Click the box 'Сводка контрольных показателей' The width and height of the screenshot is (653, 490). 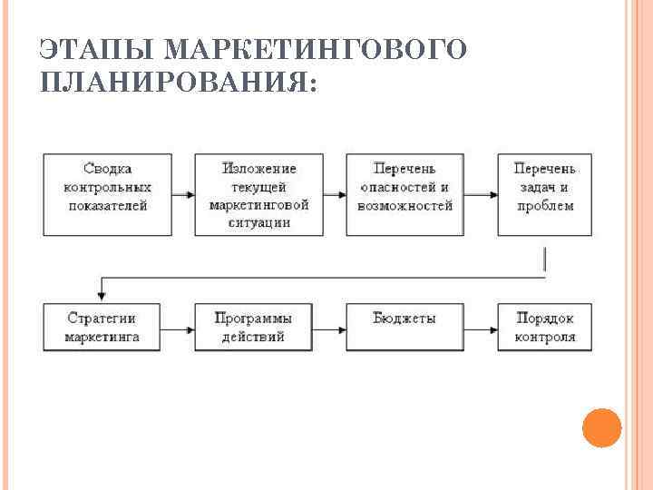coord(107,194)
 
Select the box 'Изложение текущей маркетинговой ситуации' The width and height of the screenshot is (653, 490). coord(258,194)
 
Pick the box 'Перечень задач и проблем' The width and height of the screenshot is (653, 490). coord(544,194)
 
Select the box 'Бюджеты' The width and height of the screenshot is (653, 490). coord(404,328)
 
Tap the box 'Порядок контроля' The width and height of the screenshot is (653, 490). coord(544,328)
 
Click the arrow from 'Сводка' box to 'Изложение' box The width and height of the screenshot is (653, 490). coord(182,194)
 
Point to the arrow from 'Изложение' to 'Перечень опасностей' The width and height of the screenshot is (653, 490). coord(334,194)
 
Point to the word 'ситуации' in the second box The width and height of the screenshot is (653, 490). coord(258,222)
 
